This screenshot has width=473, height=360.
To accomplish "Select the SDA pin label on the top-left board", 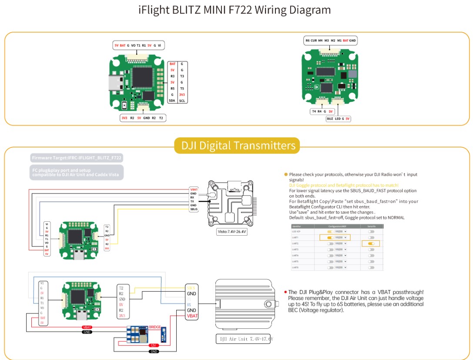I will point(172,100).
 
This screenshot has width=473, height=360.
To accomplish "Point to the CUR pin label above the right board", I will point(314,40).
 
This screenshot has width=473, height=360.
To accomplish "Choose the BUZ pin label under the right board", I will point(330,118).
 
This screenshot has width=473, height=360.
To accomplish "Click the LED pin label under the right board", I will point(337,118).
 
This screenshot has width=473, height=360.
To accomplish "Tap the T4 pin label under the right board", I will point(314,111).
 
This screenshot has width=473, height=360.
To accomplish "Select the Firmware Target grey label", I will point(76,158).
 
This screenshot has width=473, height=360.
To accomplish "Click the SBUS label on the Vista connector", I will point(194,210).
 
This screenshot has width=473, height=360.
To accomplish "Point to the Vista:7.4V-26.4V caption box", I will point(231,232).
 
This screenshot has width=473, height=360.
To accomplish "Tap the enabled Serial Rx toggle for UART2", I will point(371,244).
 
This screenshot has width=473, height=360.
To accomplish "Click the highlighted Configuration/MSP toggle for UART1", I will point(330,238).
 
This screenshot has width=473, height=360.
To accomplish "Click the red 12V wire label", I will point(153,345).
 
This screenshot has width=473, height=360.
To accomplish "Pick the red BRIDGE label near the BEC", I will point(154,326).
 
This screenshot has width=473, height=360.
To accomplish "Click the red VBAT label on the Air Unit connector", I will point(191,317).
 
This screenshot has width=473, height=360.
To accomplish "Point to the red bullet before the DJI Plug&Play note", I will point(285,292).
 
